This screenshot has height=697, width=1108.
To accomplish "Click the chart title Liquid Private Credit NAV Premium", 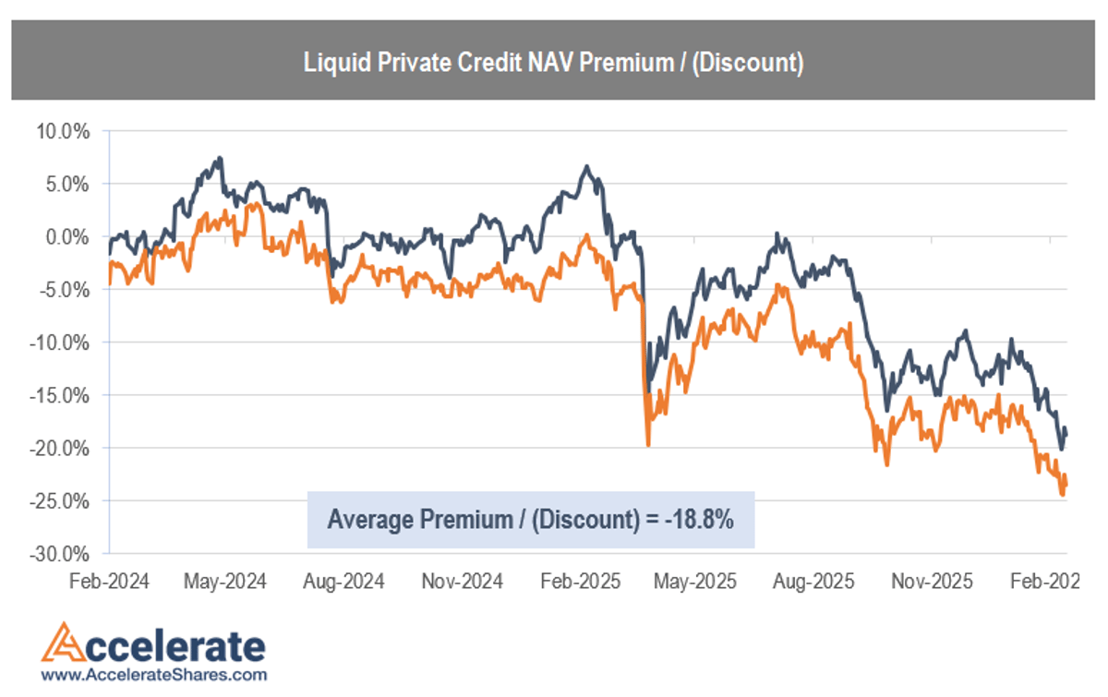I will point(553,64).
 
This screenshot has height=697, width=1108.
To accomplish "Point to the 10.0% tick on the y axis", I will point(65,131).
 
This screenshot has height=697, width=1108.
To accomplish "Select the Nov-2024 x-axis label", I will point(464,582).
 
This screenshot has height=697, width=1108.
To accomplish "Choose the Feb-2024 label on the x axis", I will point(109,582).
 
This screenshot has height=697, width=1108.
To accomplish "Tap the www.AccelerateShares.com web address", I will point(153,675).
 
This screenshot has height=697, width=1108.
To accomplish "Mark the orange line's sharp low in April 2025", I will point(647,446).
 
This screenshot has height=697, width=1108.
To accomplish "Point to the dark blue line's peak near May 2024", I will point(220,158).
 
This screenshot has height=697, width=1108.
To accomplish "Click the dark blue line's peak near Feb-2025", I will point(586,167).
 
